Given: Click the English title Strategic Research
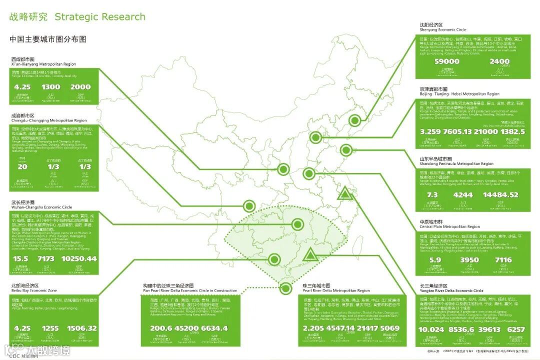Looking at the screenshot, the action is [100, 16].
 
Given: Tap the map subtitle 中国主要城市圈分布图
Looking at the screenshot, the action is [48, 39].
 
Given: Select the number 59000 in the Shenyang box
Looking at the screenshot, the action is [447, 61].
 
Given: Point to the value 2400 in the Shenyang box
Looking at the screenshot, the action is [500, 61].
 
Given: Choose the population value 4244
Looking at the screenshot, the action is [462, 194].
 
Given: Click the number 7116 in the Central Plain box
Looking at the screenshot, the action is [503, 260].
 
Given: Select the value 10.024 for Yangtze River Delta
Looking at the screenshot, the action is [431, 329].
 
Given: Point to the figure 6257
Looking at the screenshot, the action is [516, 329].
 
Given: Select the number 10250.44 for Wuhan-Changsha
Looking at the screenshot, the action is [79, 258].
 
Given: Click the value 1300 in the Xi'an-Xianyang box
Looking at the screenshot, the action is [51, 86].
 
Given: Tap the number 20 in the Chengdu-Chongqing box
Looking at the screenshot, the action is [22, 166].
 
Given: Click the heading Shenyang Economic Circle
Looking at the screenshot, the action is [443, 30].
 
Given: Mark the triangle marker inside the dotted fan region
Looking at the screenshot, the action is [310, 256].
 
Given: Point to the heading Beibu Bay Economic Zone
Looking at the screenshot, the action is [34, 290].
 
